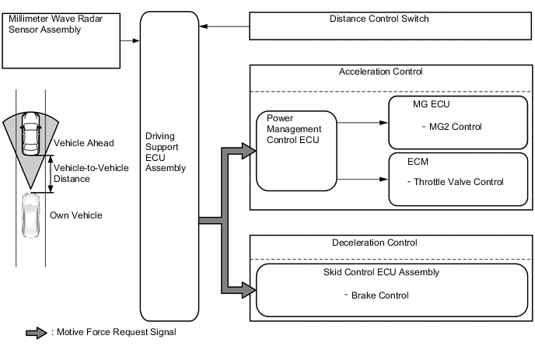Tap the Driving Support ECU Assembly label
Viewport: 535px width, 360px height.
pos(166,151)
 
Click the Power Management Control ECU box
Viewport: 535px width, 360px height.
pos(296,151)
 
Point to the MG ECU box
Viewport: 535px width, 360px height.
pos(456,123)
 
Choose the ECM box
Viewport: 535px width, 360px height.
pos(456,179)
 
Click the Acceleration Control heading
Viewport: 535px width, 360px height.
pos(380,72)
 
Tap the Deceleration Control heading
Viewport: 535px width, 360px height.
pos(374,243)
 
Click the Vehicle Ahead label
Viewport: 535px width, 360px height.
pos(84,143)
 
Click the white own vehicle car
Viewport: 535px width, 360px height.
pos(30,215)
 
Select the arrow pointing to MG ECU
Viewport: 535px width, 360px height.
pos(362,122)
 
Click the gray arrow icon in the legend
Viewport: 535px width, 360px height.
pos(37,333)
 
